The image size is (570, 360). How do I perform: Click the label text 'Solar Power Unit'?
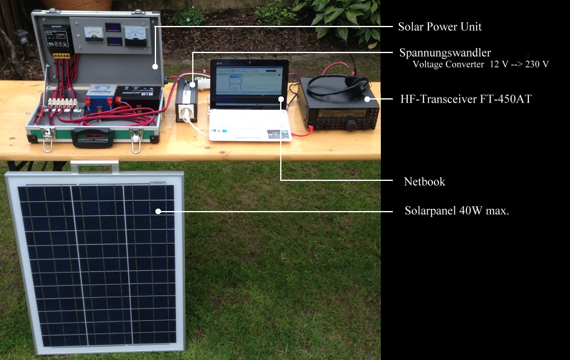coord(440,27)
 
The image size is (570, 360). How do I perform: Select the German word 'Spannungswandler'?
coord(445,52)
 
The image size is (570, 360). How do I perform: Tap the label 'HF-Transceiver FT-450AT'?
coord(459,98)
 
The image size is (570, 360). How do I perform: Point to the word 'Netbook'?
coord(424,181)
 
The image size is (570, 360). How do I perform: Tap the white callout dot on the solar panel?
coord(158,211)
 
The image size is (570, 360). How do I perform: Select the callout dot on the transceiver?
coord(366,98)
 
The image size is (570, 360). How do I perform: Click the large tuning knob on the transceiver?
coord(351,124)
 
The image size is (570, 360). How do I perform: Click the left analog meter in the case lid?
coord(93,34)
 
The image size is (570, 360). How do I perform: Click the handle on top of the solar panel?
coord(95,165)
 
